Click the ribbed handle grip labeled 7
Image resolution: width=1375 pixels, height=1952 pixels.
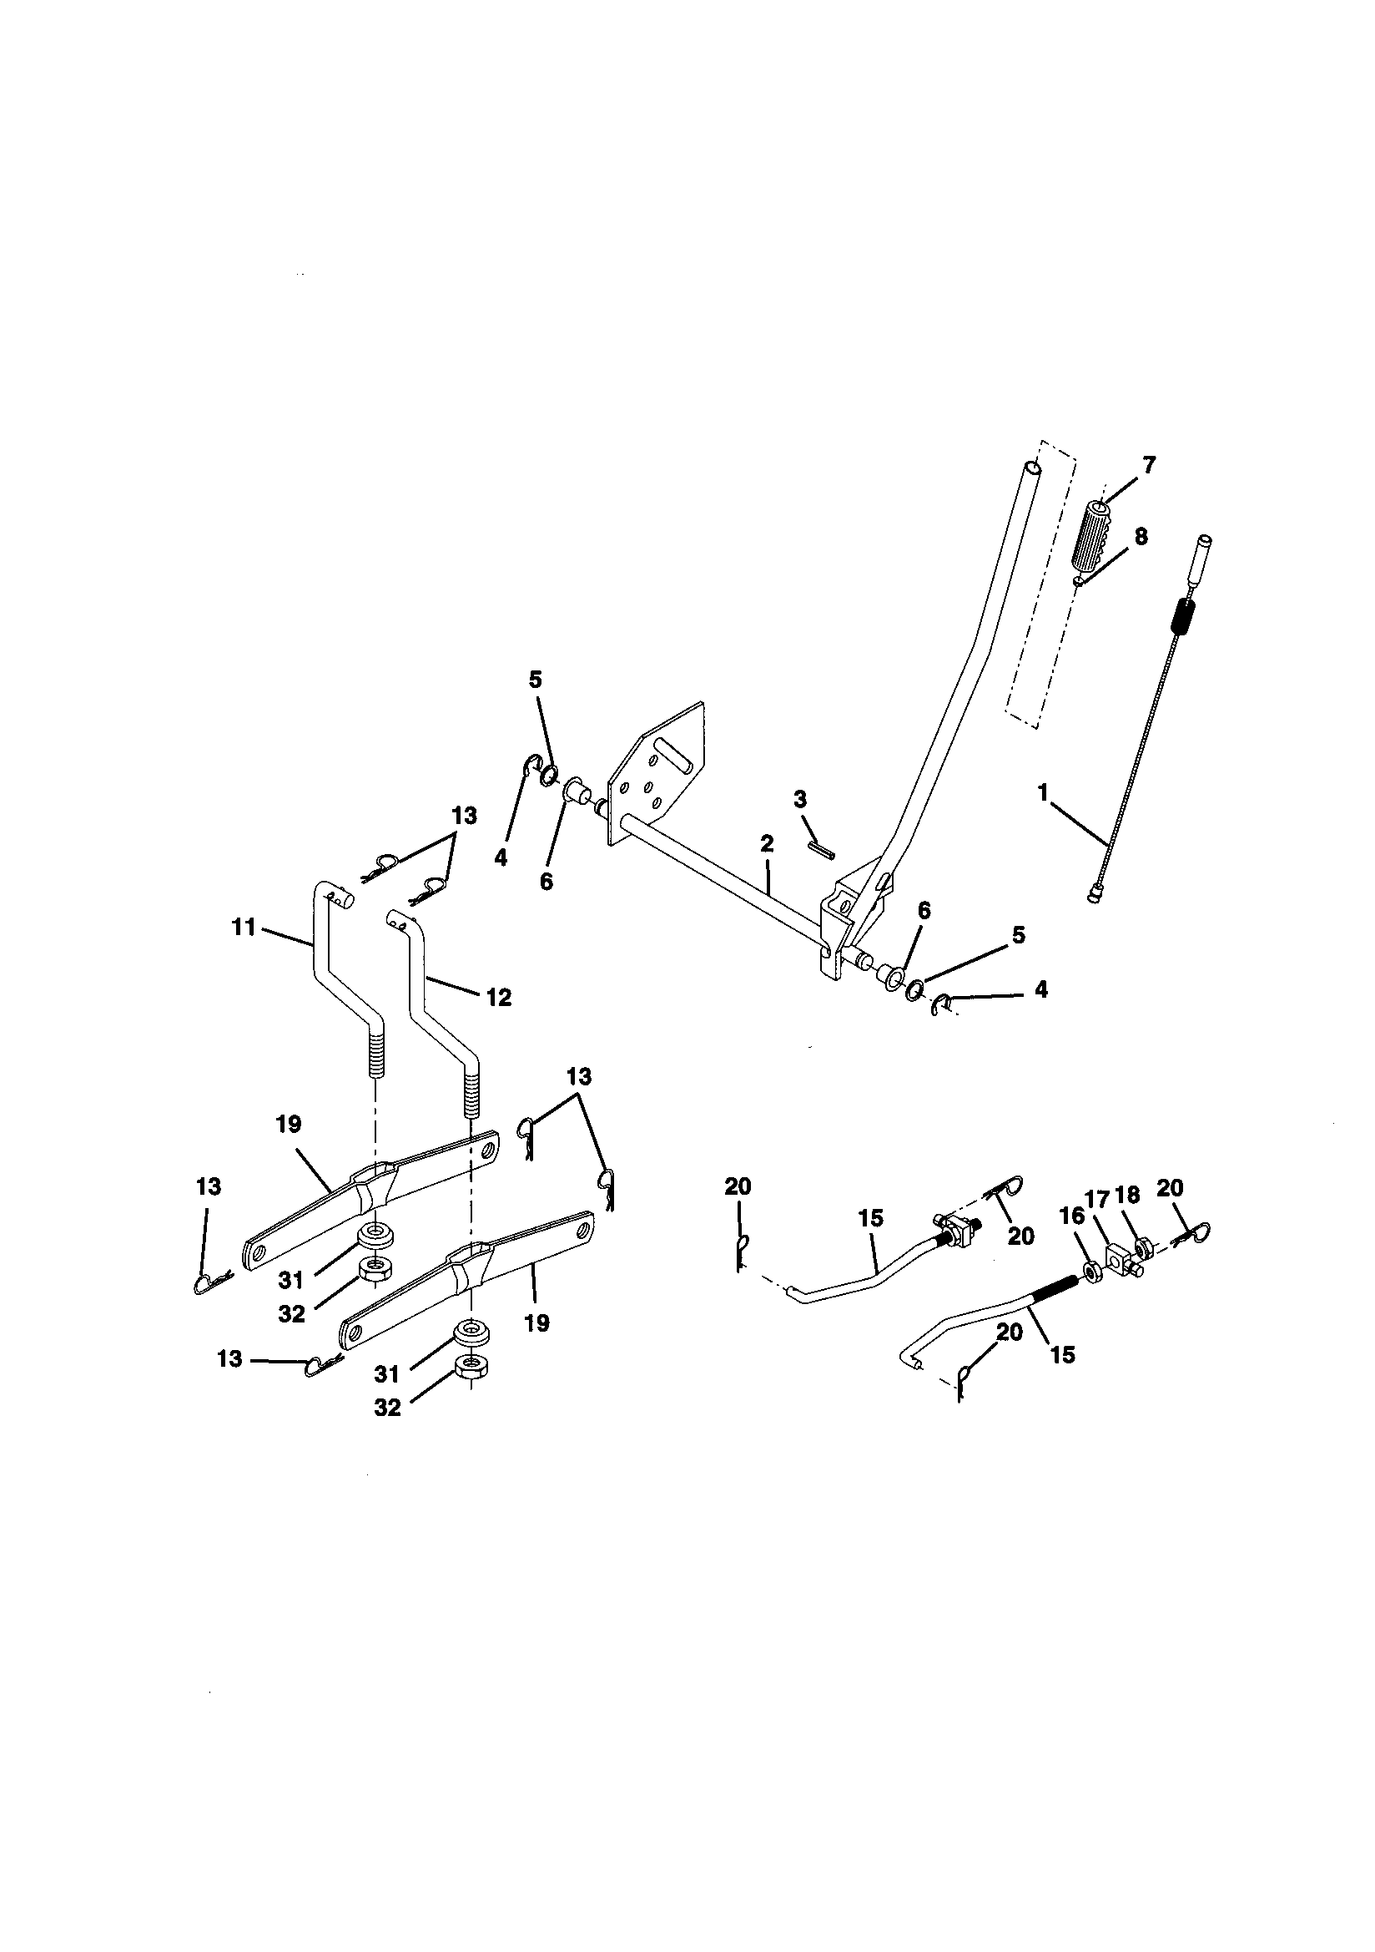click(x=1093, y=542)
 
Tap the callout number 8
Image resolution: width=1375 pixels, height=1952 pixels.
click(x=1140, y=537)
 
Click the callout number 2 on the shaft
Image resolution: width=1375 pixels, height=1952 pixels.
click(x=767, y=844)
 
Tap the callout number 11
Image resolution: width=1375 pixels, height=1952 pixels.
click(x=244, y=927)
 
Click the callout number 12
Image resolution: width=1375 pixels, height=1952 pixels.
click(x=499, y=997)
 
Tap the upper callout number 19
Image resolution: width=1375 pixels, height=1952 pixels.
click(x=288, y=1124)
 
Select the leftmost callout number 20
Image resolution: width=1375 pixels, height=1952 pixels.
click(x=738, y=1186)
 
